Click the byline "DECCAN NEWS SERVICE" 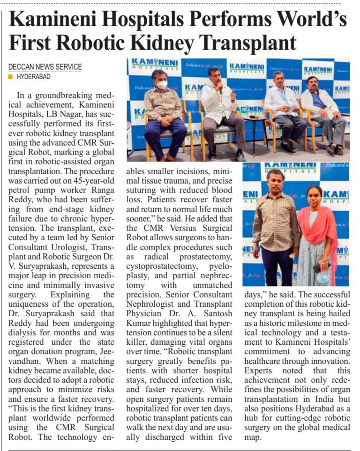(45, 67)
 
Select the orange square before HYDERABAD (10, 76)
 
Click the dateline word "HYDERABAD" (33, 76)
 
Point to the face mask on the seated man (162, 85)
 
